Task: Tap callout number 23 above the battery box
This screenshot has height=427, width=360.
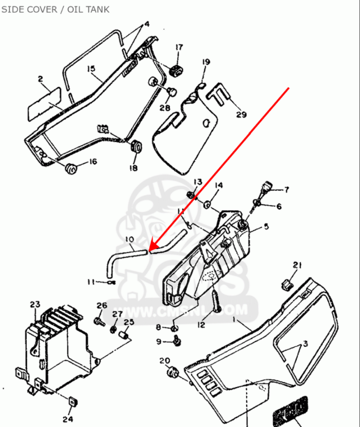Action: pos(35,305)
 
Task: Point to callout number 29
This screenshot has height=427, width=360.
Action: pos(241,115)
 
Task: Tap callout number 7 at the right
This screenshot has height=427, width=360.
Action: pos(287,190)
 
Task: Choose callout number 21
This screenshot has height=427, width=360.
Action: pos(297,265)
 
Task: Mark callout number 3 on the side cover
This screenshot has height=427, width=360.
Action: pos(304,345)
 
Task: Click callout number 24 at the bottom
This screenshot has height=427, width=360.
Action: pos(68,419)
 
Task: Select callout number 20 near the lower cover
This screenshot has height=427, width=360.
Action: pos(164,361)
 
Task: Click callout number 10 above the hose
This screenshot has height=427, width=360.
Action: pos(129,240)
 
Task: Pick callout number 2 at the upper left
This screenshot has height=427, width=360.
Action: pos(40,80)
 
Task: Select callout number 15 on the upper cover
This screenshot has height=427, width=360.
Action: pos(91,69)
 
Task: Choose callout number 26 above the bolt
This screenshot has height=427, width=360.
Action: pos(101,305)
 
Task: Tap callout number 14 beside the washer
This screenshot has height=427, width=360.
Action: pos(218,185)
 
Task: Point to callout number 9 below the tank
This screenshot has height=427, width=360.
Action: pos(158,341)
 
